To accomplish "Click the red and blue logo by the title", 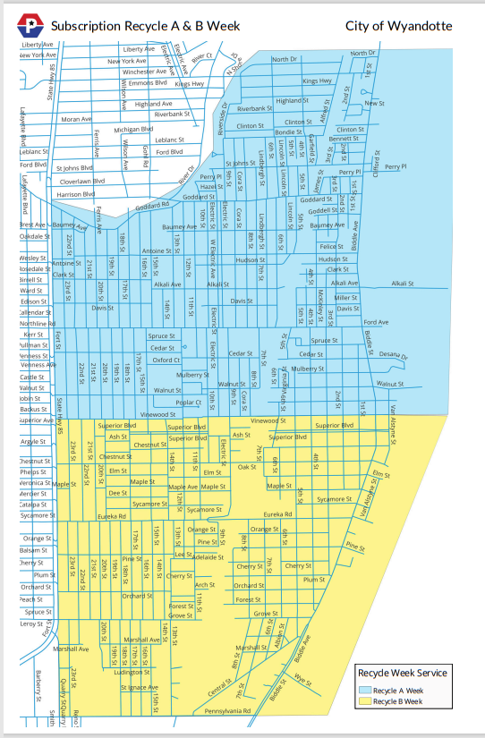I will [32, 27].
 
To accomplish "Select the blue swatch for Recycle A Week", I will [364, 690].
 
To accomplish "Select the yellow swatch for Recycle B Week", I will [364, 701].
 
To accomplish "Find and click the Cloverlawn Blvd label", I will [81, 181].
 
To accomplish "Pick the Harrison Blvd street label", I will [76, 194].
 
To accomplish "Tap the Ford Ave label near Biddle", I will [376, 322].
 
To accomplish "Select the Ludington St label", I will [131, 672].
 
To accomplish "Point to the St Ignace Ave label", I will [140, 687].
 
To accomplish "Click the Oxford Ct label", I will [166, 361].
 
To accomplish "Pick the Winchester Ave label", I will [145, 71].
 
